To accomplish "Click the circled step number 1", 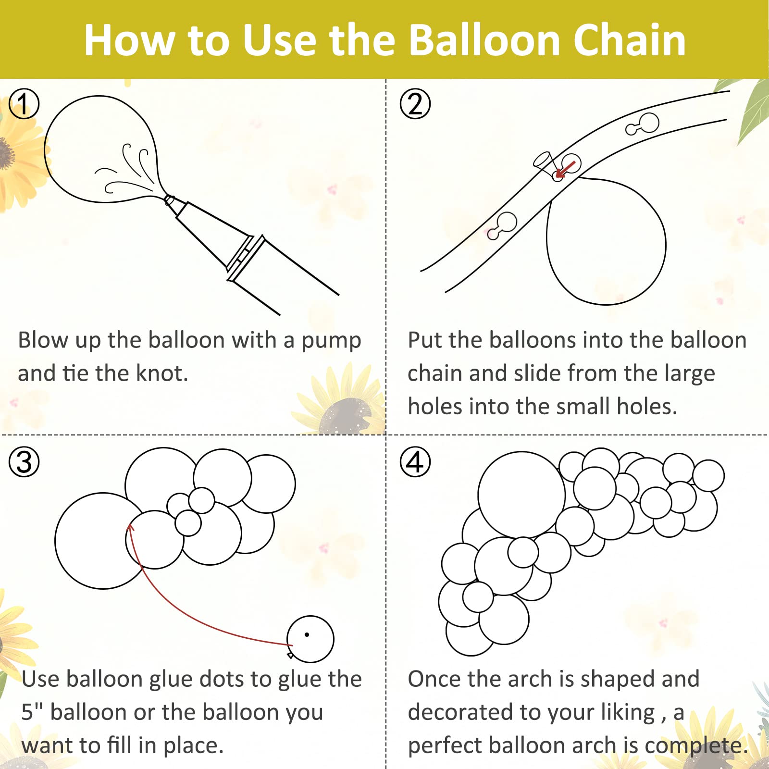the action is [x=24, y=104].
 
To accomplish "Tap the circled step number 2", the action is [x=415, y=104].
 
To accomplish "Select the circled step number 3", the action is [x=24, y=462].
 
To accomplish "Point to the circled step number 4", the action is [x=415, y=462].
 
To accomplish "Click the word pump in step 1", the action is [x=331, y=342].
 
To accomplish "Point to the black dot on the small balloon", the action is [x=307, y=634].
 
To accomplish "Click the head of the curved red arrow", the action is [x=130, y=528].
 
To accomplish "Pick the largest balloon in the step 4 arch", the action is [x=521, y=495].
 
